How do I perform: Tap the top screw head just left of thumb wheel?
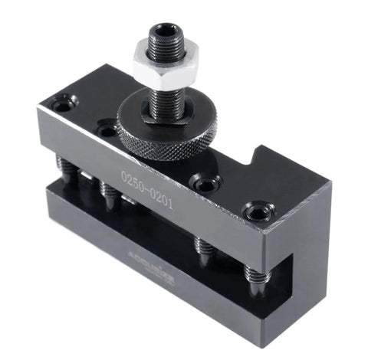point(107,131)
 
